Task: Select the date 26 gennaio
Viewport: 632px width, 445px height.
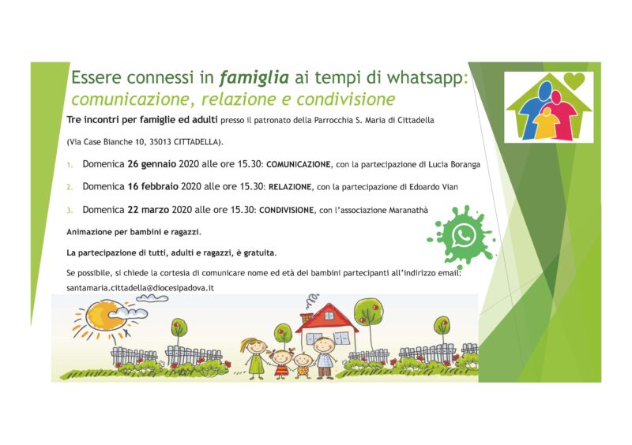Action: click(152, 164)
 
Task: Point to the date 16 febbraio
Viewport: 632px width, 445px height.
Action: click(153, 187)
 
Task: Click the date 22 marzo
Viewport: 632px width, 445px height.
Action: click(149, 210)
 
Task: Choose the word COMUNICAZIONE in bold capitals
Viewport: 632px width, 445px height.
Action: click(299, 165)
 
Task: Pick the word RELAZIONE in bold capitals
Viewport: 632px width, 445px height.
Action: click(290, 187)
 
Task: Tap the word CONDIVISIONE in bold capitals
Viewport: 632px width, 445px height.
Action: click(287, 210)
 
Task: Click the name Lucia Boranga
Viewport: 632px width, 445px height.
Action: click(454, 165)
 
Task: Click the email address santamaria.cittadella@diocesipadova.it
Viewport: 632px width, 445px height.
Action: click(141, 288)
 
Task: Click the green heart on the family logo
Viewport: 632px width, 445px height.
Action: click(574, 80)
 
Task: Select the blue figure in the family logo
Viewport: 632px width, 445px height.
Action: click(532, 110)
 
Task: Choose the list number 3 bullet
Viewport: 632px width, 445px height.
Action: click(70, 210)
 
